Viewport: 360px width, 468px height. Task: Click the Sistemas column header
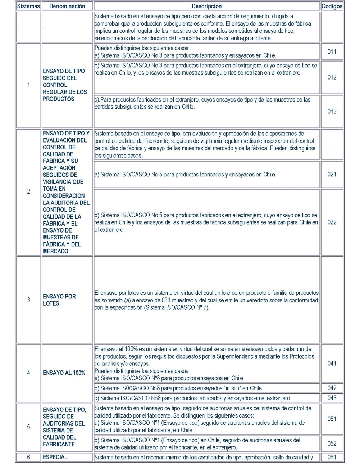coord(28,6)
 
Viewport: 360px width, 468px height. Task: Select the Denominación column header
coord(67,6)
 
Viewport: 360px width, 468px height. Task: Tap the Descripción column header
coord(207,6)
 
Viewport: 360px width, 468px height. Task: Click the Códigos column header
coord(332,6)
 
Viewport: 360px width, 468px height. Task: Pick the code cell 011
coord(332,51)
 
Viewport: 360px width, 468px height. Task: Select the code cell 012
coord(332,77)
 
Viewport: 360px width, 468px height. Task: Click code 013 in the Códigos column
coord(332,111)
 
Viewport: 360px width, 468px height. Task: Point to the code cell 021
coord(332,174)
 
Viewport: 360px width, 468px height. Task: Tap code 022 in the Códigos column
coord(332,222)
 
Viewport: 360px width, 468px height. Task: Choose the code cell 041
coord(332,363)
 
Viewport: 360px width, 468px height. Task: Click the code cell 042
coord(332,388)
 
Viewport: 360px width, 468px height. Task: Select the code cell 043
coord(332,398)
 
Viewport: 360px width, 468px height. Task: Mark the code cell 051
coord(332,419)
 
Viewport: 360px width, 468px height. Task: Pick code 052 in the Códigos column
coord(332,443)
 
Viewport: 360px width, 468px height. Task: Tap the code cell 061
coord(332,457)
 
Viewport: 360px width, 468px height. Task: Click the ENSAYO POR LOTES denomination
coord(59,300)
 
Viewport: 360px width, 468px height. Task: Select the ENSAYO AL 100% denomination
coord(64,373)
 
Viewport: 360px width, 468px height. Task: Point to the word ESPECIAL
coord(55,457)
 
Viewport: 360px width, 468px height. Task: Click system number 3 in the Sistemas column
coord(28,300)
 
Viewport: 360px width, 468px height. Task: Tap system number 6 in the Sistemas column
coord(28,457)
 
